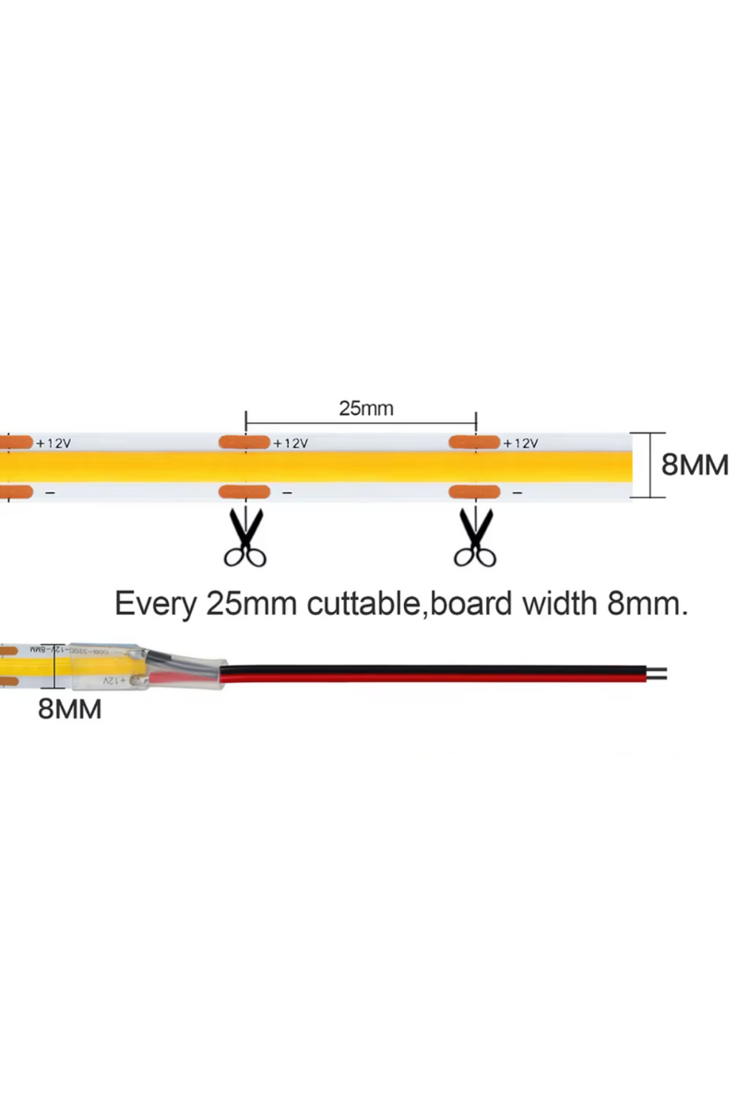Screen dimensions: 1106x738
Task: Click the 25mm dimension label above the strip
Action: [x=365, y=408]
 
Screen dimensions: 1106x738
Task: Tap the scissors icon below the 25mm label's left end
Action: [x=245, y=537]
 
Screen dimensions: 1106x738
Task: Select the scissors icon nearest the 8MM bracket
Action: [x=476, y=537]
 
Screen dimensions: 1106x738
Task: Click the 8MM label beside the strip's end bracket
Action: [x=695, y=465]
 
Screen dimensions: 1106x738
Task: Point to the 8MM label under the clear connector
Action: [x=69, y=710]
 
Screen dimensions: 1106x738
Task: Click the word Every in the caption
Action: [x=155, y=605]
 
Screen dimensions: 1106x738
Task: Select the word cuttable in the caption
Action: [x=363, y=605]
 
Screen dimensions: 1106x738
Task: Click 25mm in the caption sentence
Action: [x=250, y=605]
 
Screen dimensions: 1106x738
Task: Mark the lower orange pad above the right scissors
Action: [x=474, y=492]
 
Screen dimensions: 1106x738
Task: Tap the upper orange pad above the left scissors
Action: [x=244, y=443]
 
